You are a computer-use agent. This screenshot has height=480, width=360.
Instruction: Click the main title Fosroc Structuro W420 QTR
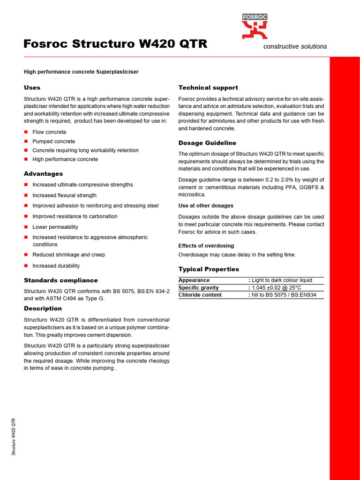[x=115, y=44]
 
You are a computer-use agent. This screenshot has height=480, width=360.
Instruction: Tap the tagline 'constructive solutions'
[x=295, y=46]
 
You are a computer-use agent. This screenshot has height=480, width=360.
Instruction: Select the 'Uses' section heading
[x=32, y=88]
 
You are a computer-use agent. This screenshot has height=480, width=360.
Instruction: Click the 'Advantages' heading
[x=43, y=174]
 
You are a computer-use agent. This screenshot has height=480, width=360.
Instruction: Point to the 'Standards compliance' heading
[x=61, y=280]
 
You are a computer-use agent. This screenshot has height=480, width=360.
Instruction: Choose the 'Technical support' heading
[x=208, y=88]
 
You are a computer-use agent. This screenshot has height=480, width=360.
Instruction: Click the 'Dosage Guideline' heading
[x=207, y=143]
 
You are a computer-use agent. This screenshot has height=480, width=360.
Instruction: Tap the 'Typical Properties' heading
[x=209, y=269]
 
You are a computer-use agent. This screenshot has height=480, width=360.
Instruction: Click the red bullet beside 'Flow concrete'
[x=26, y=132]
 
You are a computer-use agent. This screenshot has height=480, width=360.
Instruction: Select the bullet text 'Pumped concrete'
[x=53, y=141]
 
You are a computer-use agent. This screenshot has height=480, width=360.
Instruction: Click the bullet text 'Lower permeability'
[x=55, y=227]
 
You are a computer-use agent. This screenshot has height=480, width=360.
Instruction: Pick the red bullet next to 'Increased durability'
[x=26, y=266]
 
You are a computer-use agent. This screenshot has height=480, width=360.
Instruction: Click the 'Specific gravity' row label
[x=198, y=287]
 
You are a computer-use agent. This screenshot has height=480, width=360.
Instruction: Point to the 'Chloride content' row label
[x=200, y=295]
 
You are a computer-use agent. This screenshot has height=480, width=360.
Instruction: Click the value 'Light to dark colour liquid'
[x=282, y=280]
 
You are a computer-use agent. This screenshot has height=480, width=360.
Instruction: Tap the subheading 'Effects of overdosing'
[x=206, y=246]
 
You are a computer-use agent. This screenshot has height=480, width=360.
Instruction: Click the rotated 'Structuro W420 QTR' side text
[x=14, y=436]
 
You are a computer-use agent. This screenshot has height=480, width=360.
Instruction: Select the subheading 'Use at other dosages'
[x=206, y=206]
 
